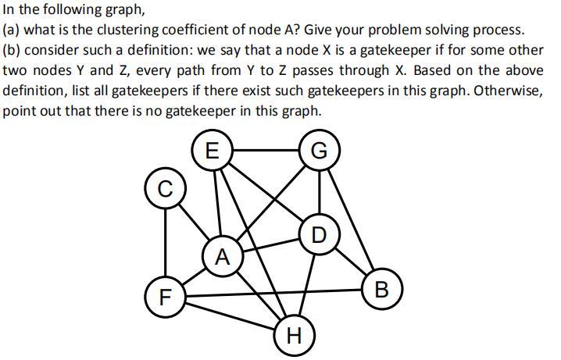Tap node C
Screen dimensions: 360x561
pyautogui.click(x=163, y=189)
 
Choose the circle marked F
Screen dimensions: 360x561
pyautogui.click(x=164, y=297)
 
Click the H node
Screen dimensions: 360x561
pyautogui.click(x=294, y=337)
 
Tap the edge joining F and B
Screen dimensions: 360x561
pyautogui.click(x=272, y=293)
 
